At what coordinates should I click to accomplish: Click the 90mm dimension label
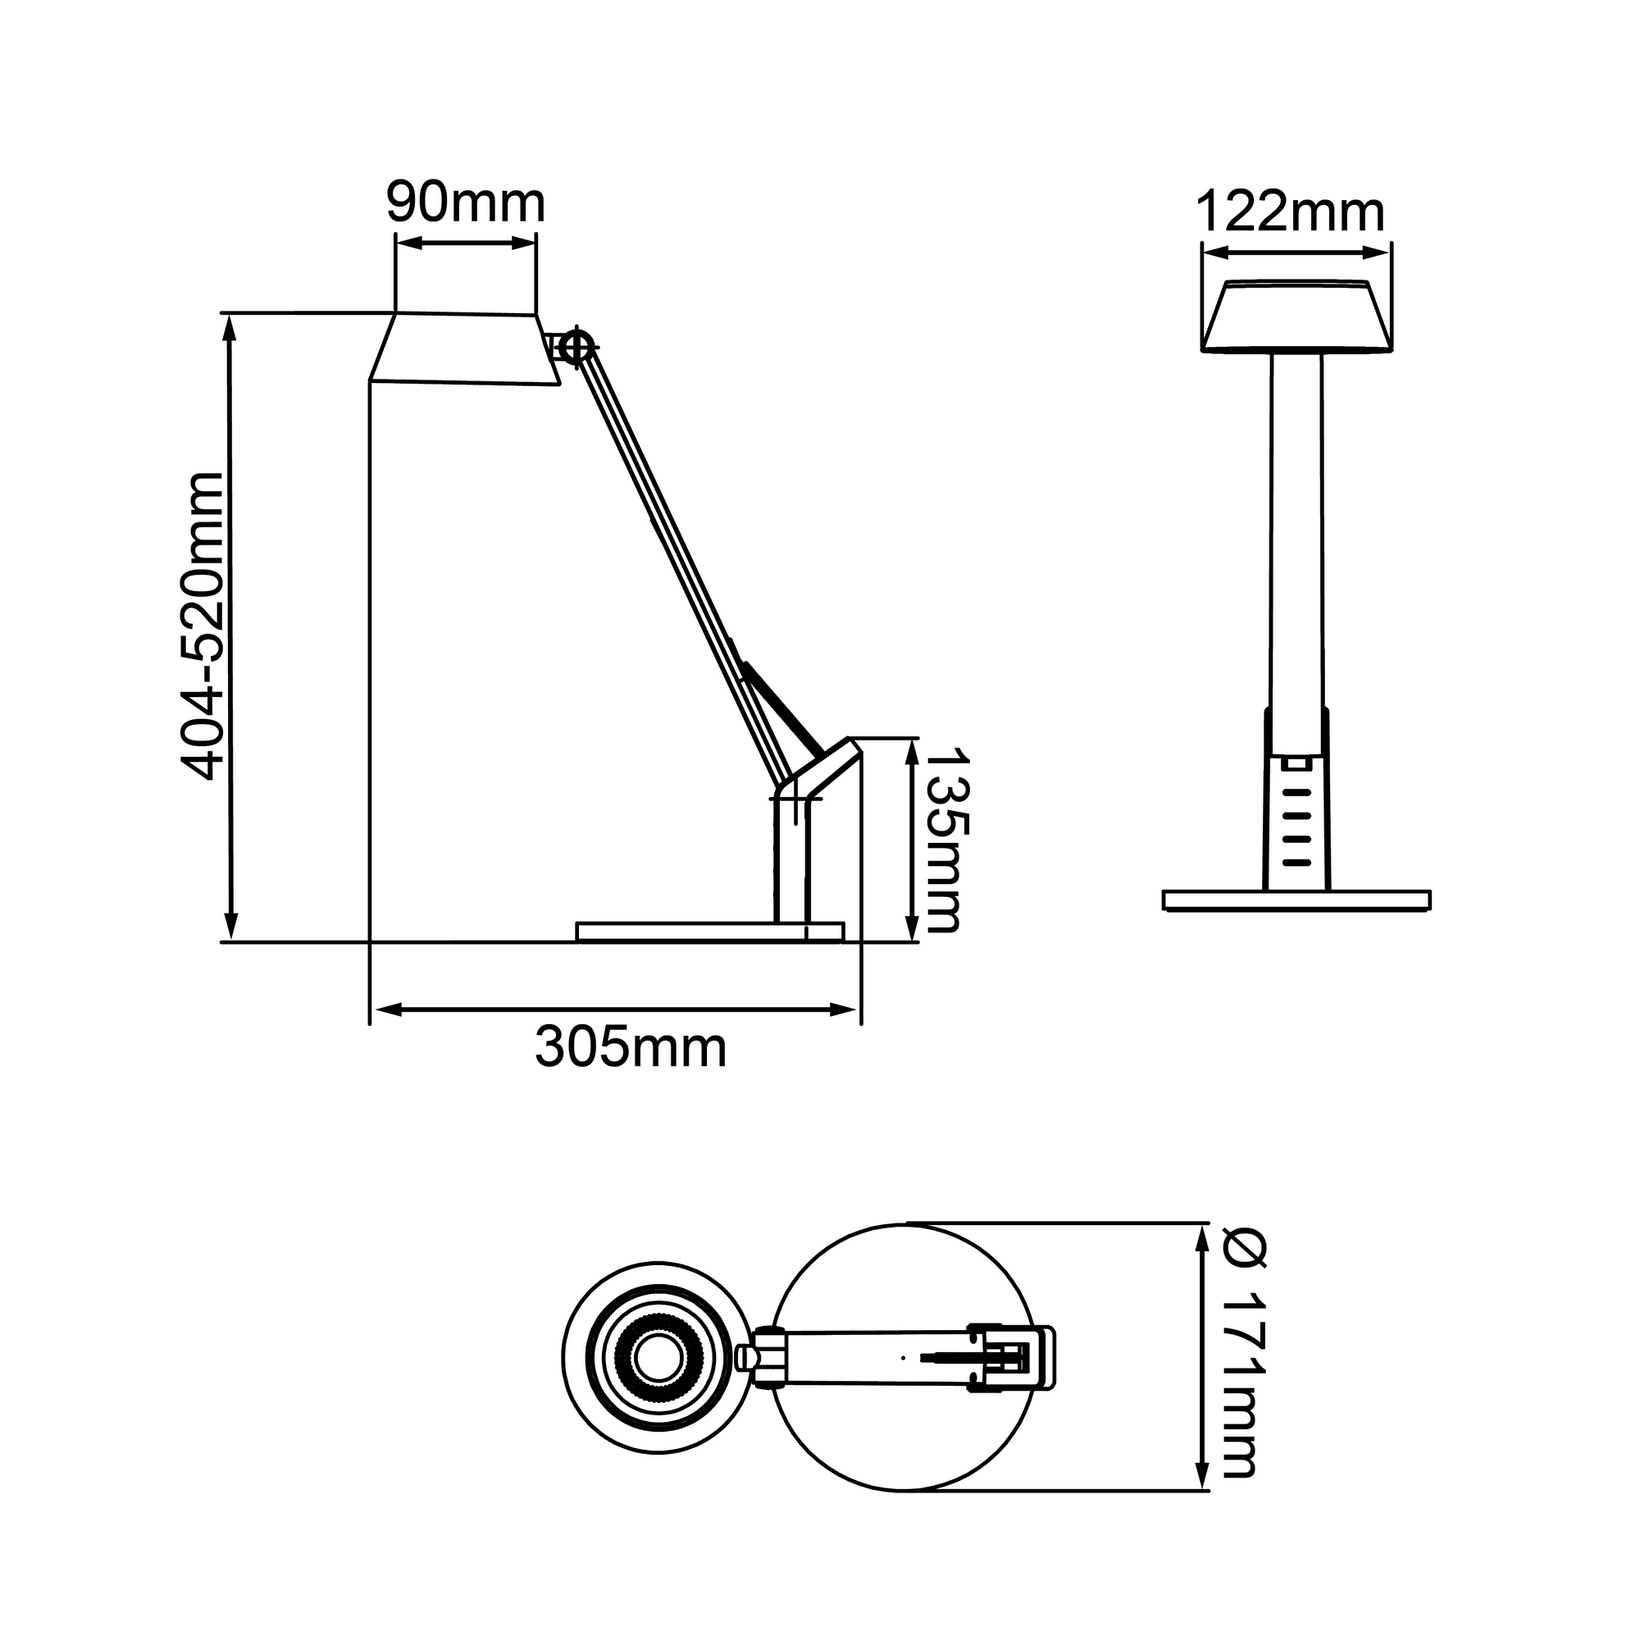[465, 203]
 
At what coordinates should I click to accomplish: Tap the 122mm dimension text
[1290, 212]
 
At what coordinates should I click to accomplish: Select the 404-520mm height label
[203, 626]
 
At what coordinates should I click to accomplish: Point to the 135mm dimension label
[944, 840]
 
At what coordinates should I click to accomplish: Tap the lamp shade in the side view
[465, 350]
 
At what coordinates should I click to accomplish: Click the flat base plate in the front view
[1296, 900]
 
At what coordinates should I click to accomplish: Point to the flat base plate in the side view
[709, 932]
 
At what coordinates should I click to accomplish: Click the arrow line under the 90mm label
[466, 244]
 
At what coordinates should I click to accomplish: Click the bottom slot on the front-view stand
[1296, 863]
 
